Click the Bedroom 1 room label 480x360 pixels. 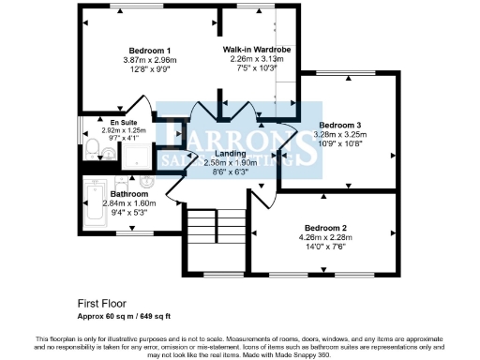tap(149, 50)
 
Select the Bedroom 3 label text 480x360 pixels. tap(340, 125)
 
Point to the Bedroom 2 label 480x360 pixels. tap(325, 228)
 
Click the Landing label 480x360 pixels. tap(231, 153)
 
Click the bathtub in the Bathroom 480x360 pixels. tap(94, 204)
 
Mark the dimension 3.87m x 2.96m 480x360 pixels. tap(149, 59)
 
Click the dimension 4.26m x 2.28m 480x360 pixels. tap(325, 237)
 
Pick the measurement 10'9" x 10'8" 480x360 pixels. tap(340, 143)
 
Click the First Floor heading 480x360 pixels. tap(100, 303)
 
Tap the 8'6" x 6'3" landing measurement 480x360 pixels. tap(231, 172)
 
